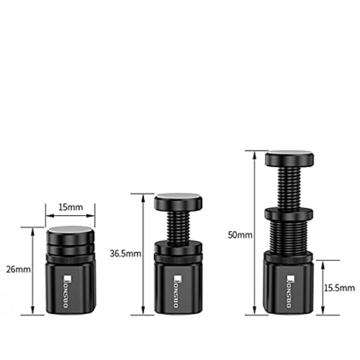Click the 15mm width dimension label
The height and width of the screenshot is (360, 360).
(71, 207)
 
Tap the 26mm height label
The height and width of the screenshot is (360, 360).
(19, 269)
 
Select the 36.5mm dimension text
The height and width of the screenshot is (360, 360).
(125, 253)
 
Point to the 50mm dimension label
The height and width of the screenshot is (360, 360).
(240, 235)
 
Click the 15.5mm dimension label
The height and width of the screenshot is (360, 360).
(339, 288)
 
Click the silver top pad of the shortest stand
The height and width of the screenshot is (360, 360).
(70, 229)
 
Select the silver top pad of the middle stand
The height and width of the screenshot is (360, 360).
(178, 197)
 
